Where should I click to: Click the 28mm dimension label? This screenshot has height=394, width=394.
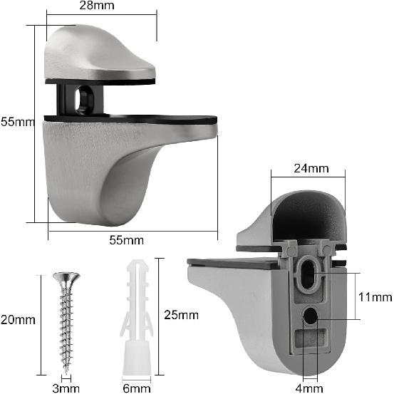(x=102, y=6)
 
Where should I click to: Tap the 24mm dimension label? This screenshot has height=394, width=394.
(x=311, y=169)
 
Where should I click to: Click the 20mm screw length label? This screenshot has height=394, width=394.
(x=17, y=319)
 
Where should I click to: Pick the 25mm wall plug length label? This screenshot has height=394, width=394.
(x=180, y=314)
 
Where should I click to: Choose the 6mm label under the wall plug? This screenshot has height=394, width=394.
(x=137, y=388)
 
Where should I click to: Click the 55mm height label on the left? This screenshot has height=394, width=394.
(x=16, y=122)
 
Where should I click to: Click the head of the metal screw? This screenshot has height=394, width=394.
(x=67, y=276)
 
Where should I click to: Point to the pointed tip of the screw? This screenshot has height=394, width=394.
(x=68, y=371)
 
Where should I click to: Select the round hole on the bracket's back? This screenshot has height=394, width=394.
(x=311, y=315)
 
